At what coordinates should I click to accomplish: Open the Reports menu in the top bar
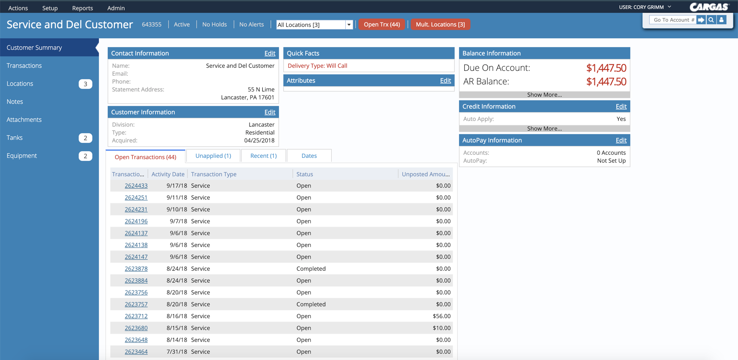tap(82, 8)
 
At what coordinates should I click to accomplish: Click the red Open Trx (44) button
tap(382, 25)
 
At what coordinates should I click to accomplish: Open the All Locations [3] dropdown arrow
tap(349, 25)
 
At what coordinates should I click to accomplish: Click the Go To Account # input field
tap(673, 20)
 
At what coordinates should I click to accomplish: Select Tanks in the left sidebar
tap(14, 138)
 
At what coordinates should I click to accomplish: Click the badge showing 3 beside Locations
tap(85, 84)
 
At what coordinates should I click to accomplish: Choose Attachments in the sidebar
tap(24, 120)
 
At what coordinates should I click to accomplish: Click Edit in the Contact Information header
tap(270, 53)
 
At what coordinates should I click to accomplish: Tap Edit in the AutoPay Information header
tap(621, 140)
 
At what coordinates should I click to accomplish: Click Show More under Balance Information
tap(544, 95)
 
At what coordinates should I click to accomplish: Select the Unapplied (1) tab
tap(213, 156)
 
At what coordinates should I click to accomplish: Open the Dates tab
tap(309, 156)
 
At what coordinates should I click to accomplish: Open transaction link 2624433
tap(136, 185)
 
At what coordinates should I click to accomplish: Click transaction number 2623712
tap(136, 316)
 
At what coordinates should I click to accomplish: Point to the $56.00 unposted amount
tap(441, 316)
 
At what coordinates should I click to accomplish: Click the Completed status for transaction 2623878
tap(311, 269)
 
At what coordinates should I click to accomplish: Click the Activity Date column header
tap(168, 174)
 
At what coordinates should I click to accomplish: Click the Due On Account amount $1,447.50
tap(606, 68)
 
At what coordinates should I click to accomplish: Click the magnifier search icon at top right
tap(711, 20)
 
